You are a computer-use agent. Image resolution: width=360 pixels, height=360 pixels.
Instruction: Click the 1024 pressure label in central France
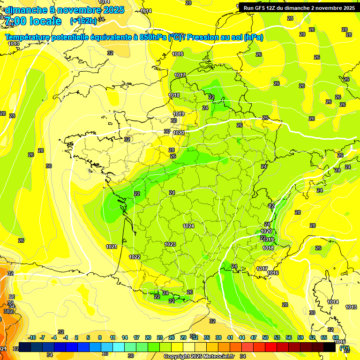click(188, 226)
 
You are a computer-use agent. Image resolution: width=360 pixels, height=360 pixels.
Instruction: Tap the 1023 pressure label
click(170, 244)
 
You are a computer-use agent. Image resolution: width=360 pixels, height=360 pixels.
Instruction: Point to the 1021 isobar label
click(111, 247)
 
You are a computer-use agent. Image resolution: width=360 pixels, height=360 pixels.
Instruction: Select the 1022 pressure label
click(135, 257)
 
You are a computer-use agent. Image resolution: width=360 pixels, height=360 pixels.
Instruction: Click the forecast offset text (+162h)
click(83, 21)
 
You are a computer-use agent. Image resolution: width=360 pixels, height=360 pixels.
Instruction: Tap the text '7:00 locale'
click(32, 21)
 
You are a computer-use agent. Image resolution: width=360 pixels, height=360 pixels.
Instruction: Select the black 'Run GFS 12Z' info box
click(299, 8)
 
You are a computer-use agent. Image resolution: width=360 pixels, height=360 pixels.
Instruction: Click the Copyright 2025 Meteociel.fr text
click(199, 357)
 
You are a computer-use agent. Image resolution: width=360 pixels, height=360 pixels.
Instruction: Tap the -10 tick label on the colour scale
click(32, 337)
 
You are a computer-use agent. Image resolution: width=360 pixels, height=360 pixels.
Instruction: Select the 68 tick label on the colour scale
click(336, 337)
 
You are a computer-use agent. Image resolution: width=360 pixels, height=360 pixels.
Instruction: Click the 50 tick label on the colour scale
click(265, 337)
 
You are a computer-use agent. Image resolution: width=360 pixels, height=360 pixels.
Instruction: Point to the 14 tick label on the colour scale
click(125, 337)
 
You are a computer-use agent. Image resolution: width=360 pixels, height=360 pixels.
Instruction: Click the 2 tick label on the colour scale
click(77, 337)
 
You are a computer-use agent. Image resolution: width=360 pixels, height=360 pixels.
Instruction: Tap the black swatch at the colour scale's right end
click(330, 347)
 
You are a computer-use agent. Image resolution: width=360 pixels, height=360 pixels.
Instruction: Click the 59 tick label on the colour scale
click(300, 337)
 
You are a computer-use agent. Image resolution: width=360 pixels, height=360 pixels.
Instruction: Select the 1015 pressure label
click(341, 342)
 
